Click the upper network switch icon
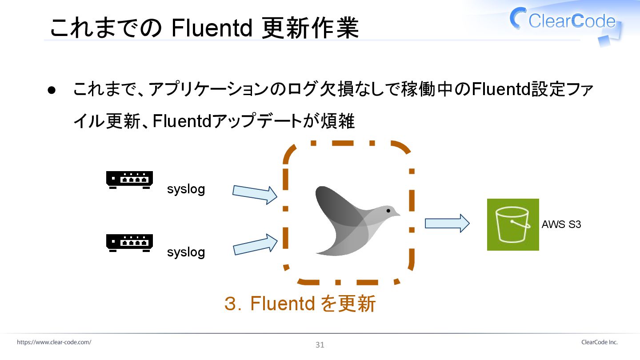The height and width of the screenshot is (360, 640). (129, 180)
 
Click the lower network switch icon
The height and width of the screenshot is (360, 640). (129, 243)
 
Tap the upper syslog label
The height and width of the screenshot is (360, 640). (186, 189)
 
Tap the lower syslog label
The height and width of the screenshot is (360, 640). (186, 252)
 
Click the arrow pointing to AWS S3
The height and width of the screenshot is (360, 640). (447, 223)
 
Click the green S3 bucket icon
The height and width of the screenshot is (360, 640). (513, 224)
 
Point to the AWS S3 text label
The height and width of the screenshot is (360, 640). (561, 224)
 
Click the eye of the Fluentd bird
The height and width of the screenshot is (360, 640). (388, 210)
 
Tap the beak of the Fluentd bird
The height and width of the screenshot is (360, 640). (397, 214)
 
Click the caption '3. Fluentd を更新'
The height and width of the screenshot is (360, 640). (300, 304)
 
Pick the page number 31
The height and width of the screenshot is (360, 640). (320, 345)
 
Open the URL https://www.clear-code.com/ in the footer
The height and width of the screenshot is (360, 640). (54, 342)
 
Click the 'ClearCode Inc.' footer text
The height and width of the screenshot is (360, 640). (599, 342)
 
